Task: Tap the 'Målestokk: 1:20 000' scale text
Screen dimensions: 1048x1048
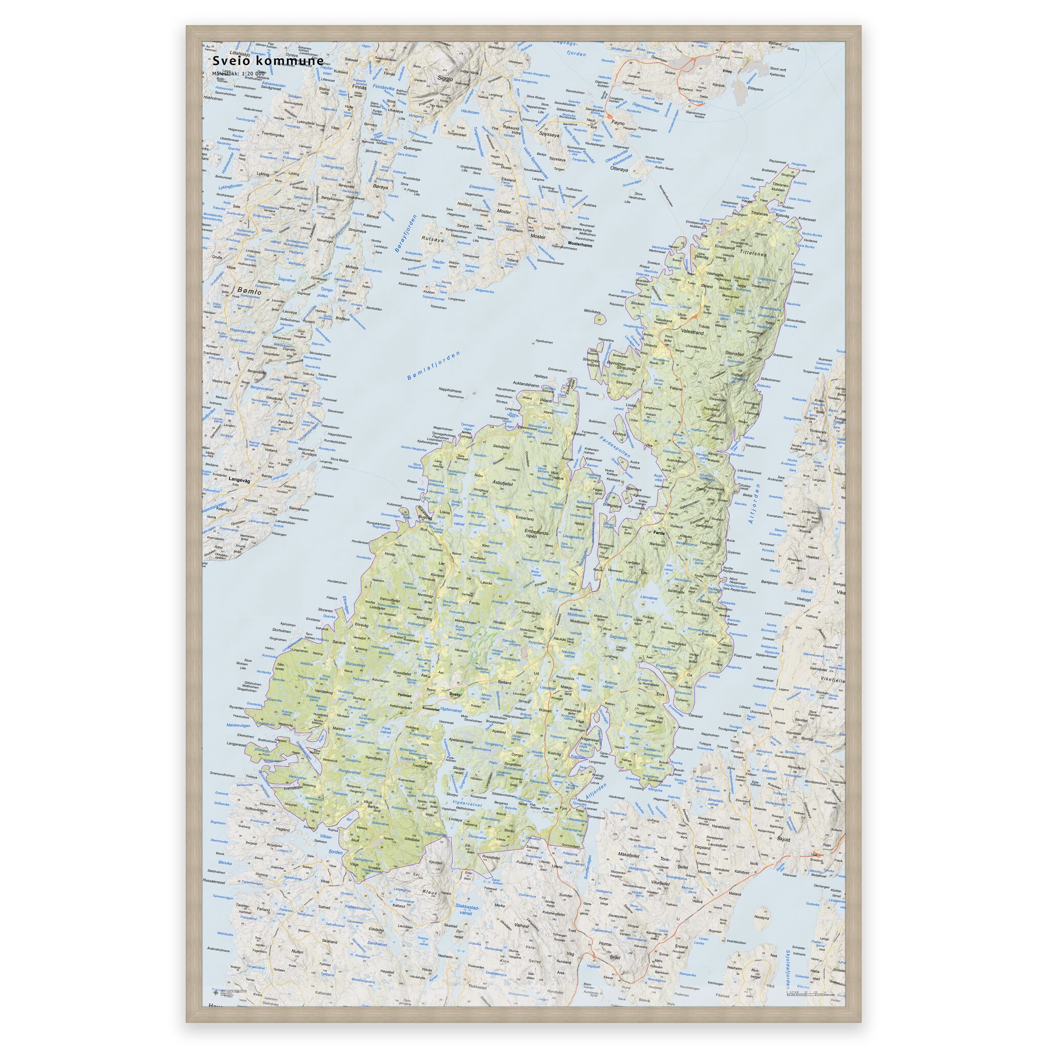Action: (238, 73)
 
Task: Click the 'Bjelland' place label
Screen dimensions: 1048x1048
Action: (504, 681)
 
